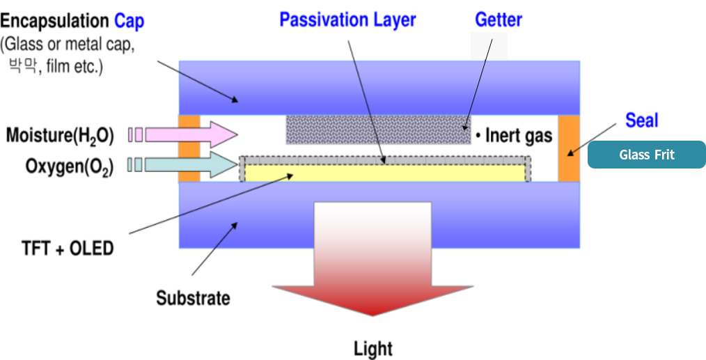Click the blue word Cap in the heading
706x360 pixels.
[130, 21]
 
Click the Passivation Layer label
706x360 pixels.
[347, 19]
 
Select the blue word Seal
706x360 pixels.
[641, 120]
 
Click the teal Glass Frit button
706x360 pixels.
[647, 155]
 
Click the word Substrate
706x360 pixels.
[193, 299]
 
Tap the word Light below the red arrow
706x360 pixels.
[373, 348]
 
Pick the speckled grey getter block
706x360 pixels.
[378, 130]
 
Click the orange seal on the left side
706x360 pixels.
[189, 148]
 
